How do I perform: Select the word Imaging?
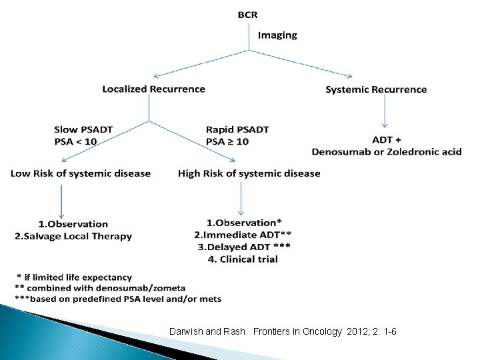(277, 35)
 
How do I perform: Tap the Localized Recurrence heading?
(153, 89)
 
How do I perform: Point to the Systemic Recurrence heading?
(376, 89)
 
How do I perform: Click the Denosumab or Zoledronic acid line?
(386, 151)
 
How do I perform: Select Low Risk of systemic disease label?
(80, 173)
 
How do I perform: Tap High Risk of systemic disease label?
(249, 173)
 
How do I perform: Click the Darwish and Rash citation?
(283, 331)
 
